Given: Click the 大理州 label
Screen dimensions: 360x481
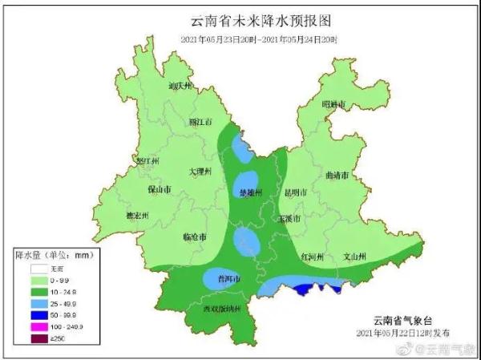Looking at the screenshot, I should pos(199,172).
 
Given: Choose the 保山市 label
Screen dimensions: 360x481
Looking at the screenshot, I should pos(160,190).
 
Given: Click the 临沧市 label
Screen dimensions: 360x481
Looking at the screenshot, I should pos(195,238).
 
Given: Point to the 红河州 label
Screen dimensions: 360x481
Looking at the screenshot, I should pos(312,257).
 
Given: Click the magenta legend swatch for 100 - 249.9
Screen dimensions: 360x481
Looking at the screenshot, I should pos(37,327).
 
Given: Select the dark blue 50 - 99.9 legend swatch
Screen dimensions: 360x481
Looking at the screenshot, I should pos(37,315).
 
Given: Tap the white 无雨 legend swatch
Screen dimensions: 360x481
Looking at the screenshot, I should pos(37,270).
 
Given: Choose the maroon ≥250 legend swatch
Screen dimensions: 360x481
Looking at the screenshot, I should pos(37,338).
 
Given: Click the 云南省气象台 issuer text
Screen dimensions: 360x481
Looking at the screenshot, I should pos(403,320).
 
